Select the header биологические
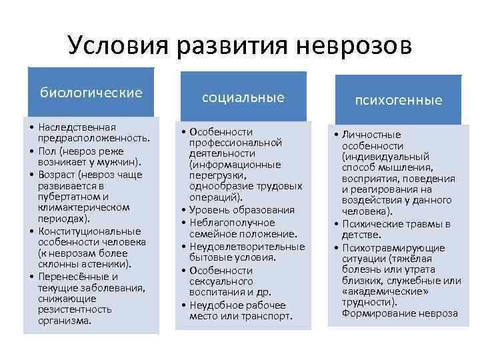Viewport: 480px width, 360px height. tap(91, 92)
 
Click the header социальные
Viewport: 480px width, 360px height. tap(243, 97)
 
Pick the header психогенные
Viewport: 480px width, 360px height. tap(399, 100)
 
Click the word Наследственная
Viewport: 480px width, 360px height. tap(77, 127)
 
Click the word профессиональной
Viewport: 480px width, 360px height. tap(235, 143)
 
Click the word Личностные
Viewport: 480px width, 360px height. tap(371, 135)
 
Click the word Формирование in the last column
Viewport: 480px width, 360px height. tap(375, 313)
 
